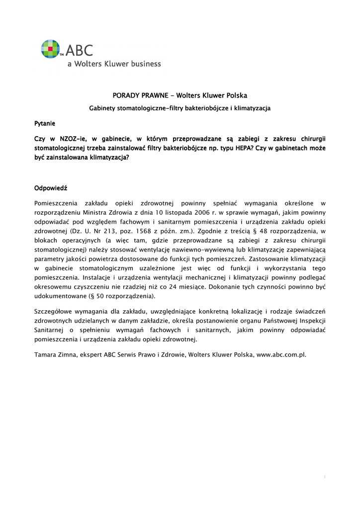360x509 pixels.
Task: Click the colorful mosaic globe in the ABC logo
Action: point(50,49)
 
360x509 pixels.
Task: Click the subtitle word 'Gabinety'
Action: point(103,108)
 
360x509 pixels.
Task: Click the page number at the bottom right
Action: point(324,477)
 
